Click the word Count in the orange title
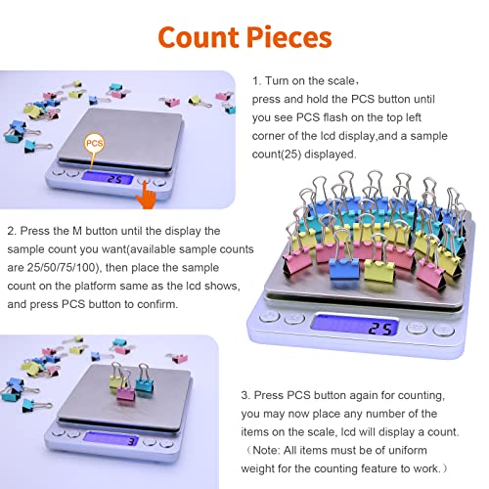[199, 37]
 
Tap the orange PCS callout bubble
[94, 143]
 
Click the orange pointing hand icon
[146, 196]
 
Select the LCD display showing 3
[111, 439]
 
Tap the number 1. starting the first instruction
[256, 81]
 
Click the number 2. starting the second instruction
[12, 231]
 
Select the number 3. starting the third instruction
[245, 395]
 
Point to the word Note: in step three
[266, 451]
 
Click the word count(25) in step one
[277, 155]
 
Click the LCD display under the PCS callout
[108, 178]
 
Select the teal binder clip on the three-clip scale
[144, 379]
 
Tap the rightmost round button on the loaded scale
[444, 331]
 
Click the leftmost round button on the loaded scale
[269, 317]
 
